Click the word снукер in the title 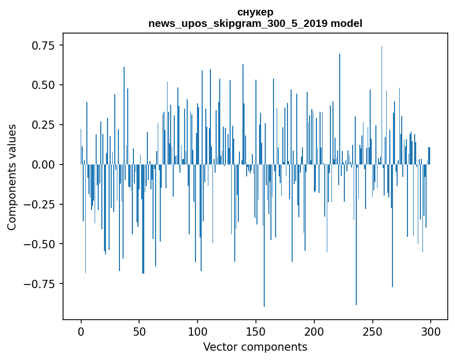pos(255,12)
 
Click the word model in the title pos(346,23)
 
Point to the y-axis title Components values pos(12,176)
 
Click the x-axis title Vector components pos(255,347)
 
